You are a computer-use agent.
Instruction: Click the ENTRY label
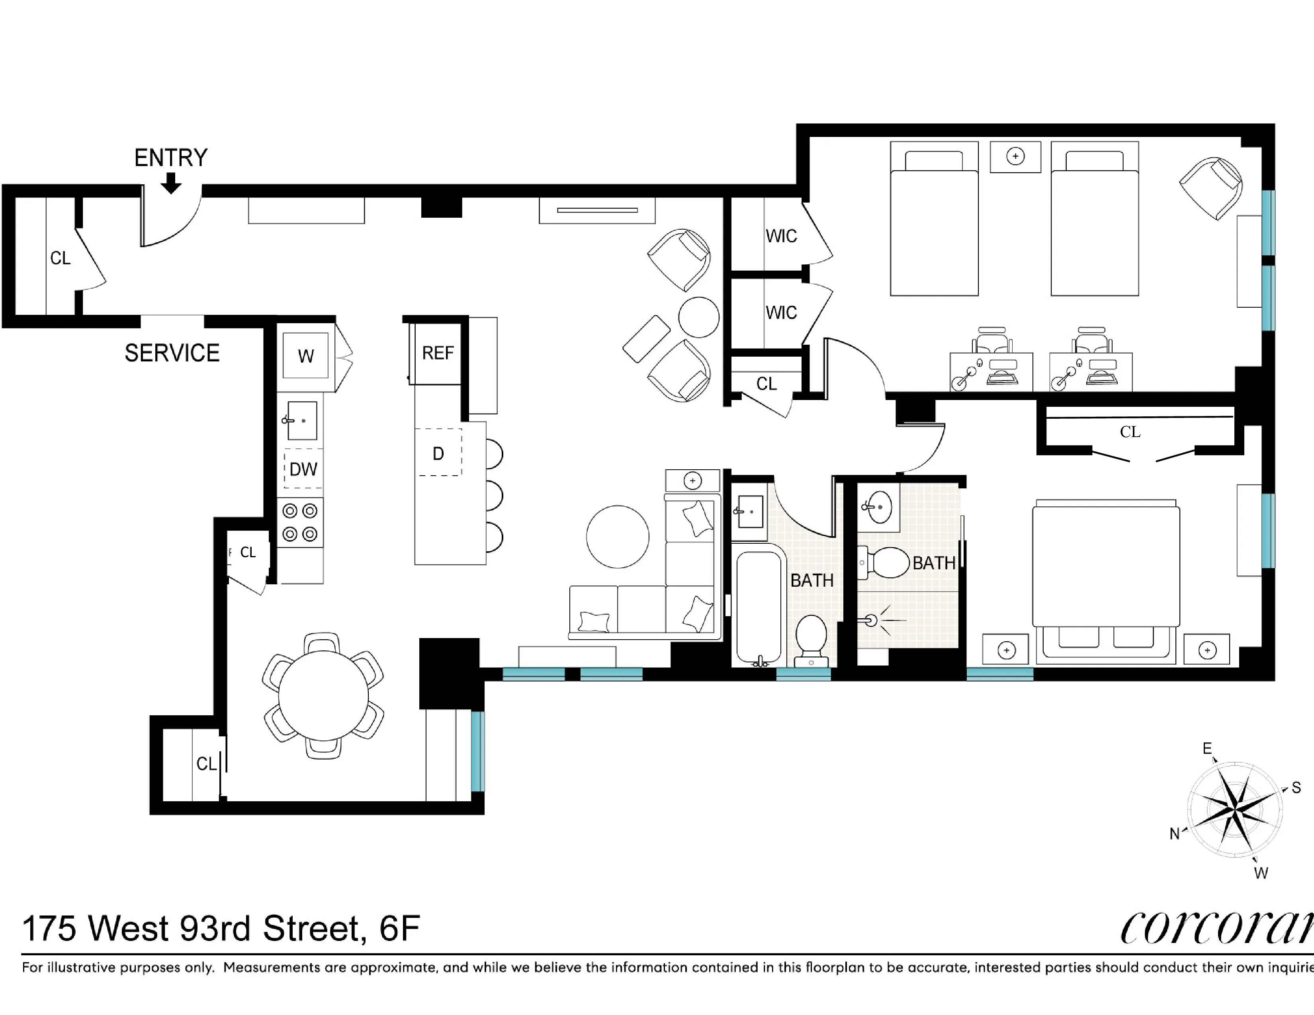click(x=170, y=158)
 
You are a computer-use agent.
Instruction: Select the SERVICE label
click(x=172, y=353)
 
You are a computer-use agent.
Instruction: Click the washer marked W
click(x=306, y=355)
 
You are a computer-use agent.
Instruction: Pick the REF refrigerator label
click(x=437, y=353)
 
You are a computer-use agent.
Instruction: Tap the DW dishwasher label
click(x=303, y=469)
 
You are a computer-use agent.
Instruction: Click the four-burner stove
click(x=299, y=522)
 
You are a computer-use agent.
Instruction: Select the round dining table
click(x=323, y=696)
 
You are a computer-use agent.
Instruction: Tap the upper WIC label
click(x=781, y=236)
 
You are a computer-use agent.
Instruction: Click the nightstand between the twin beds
click(x=1015, y=157)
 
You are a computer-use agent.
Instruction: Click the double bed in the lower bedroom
click(x=1106, y=577)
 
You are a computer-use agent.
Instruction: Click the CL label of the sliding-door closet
click(x=1130, y=432)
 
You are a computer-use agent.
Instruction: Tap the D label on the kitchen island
click(x=438, y=453)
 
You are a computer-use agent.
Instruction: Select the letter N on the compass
click(x=1174, y=834)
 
